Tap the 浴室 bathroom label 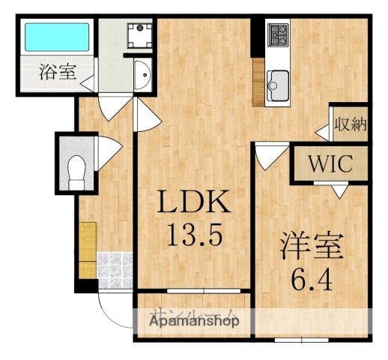point(56,73)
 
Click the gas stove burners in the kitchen point(279,34)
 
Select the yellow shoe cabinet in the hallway point(87,247)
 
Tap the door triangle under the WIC point(339,193)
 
